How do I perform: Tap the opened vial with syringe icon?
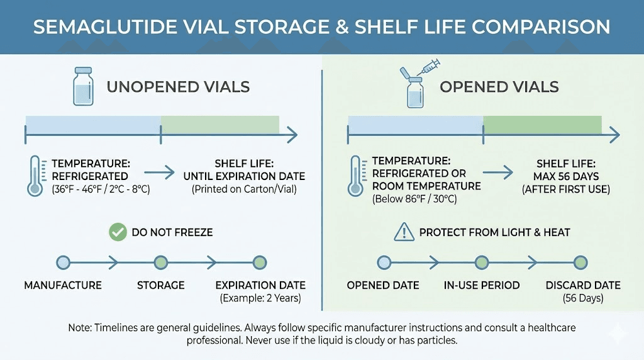pyautogui.click(x=415, y=86)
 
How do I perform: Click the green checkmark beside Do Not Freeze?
pyautogui.click(x=117, y=232)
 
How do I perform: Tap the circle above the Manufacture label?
pyautogui.click(x=63, y=262)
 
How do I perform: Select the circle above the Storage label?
pyautogui.click(x=161, y=262)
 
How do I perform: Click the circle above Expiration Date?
pyautogui.click(x=260, y=262)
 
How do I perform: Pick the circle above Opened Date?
pyautogui.click(x=384, y=262)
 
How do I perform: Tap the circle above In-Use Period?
pyautogui.click(x=482, y=262)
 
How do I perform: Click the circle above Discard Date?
pyautogui.click(x=580, y=262)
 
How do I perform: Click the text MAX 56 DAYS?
pyautogui.click(x=566, y=176)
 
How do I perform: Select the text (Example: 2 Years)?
pyautogui.click(x=260, y=298)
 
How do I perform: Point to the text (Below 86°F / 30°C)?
pyautogui.click(x=414, y=199)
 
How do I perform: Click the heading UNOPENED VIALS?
pyautogui.click(x=178, y=87)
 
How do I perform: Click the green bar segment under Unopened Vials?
pyautogui.click(x=220, y=124)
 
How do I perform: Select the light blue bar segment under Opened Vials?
pyautogui.click(x=415, y=124)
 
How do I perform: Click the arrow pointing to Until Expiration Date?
pyautogui.click(x=160, y=171)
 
